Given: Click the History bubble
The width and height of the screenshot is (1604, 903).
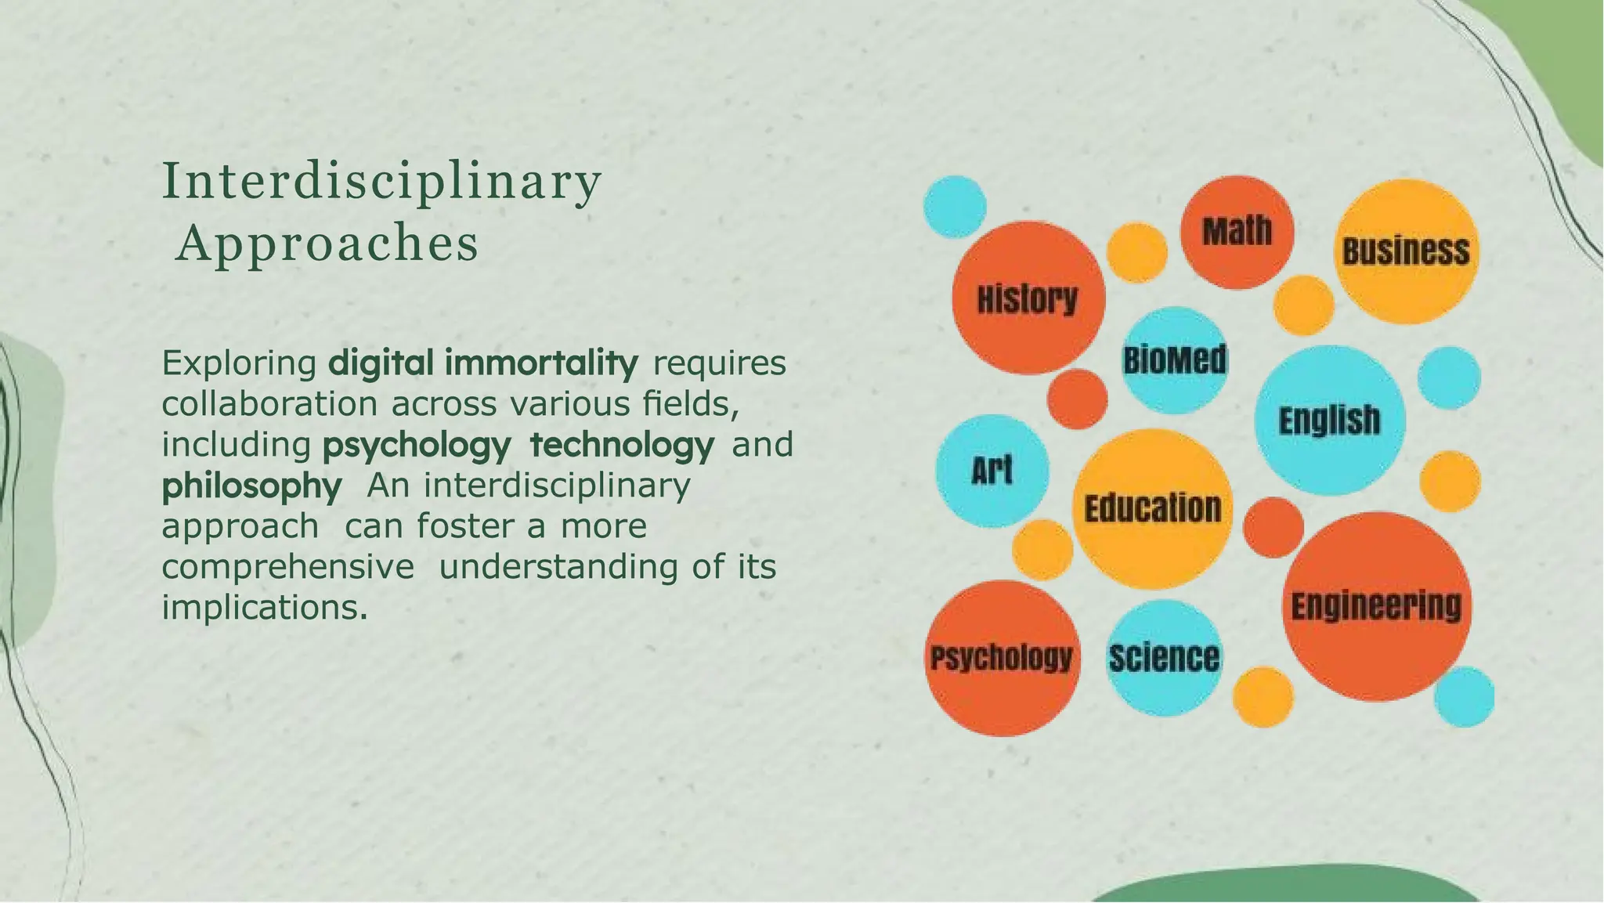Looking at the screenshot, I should tap(1028, 298).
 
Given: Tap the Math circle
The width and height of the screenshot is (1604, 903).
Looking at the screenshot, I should tap(1237, 232).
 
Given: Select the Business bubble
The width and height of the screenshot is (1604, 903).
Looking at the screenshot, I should tap(1406, 251).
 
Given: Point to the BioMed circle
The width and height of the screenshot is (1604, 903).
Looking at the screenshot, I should tap(1175, 360).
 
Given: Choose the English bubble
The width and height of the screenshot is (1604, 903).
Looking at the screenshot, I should tap(1329, 421).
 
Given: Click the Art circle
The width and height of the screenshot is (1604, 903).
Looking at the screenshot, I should tap(992, 471).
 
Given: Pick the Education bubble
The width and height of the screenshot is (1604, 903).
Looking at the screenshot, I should tap(1152, 508).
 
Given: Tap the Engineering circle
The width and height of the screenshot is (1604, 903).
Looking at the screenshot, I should tap(1376, 606).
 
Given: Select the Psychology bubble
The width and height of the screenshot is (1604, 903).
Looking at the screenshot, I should tap(1002, 658).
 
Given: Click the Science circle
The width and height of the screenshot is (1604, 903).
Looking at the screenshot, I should tap(1164, 658).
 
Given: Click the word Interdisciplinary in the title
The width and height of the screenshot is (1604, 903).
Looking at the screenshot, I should tap(381, 182).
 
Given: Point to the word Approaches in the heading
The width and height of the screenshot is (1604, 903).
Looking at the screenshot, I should tap(327, 244).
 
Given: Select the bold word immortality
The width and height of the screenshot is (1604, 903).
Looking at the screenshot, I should tap(541, 363).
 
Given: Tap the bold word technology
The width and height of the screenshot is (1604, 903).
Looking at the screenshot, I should tap(622, 445).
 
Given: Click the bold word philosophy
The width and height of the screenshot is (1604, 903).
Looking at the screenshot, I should tap(251, 486).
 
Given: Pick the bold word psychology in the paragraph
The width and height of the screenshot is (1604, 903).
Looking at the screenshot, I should tap(417, 446).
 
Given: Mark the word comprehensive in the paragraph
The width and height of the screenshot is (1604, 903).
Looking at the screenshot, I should tap(287, 566).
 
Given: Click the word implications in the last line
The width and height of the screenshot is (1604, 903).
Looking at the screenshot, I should tap(264, 607).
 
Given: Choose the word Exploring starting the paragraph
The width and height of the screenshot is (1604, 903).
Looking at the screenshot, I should tap(239, 363).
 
